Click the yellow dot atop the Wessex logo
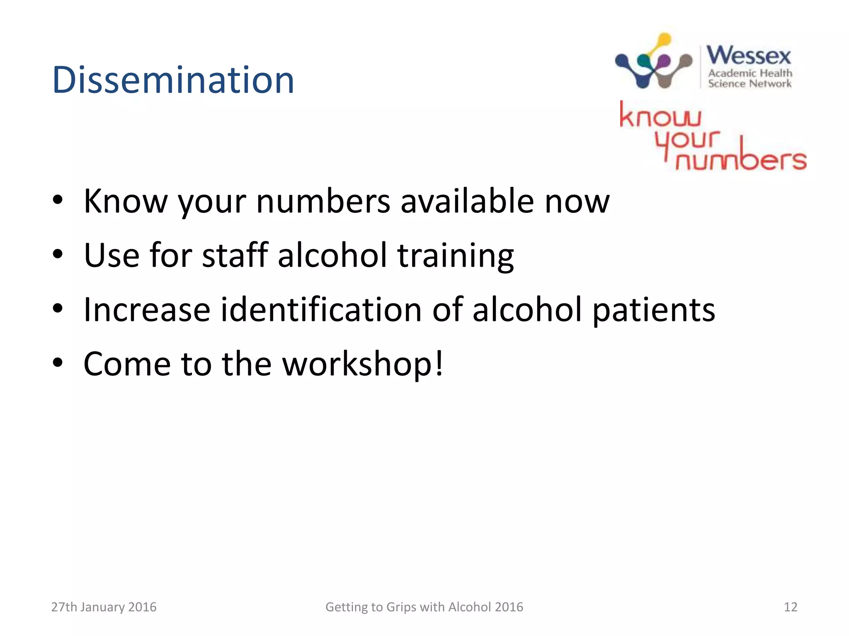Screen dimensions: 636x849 664,40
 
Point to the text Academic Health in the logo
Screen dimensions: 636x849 750,73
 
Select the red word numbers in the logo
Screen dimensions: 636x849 741,159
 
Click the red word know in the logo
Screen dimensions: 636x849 660,116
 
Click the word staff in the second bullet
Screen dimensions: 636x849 235,255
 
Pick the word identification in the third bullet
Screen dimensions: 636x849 321,309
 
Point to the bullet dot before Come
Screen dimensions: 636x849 58,363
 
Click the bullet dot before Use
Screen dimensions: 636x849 58,254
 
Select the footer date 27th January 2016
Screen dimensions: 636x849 104,607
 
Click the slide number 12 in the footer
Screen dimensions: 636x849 790,607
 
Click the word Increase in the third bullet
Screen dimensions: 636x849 147,309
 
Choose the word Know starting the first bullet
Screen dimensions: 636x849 125,201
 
